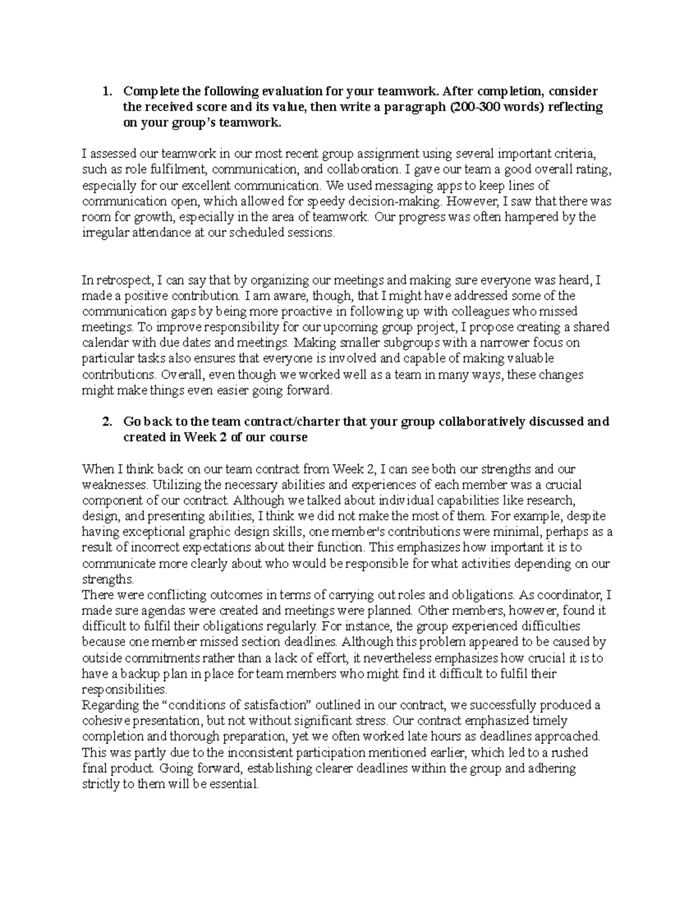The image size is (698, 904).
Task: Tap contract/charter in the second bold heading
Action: (293, 421)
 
